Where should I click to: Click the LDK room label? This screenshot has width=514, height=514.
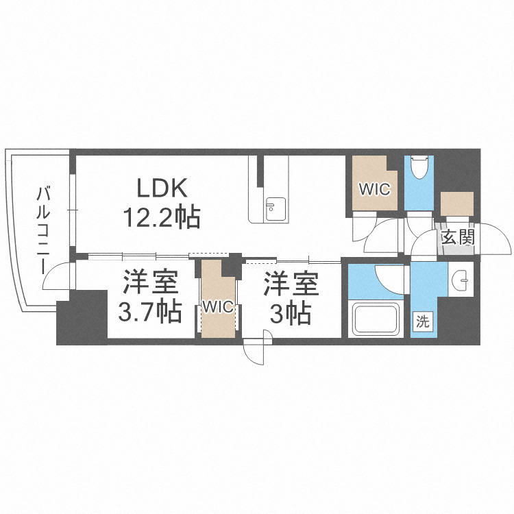[x=162, y=187]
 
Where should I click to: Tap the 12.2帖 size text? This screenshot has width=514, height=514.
[x=162, y=218]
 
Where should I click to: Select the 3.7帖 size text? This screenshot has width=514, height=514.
[x=150, y=312]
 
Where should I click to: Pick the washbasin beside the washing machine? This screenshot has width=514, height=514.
[x=462, y=279]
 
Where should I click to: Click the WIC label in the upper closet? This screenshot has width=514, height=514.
[x=374, y=188]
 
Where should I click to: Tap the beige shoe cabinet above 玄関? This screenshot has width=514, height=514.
[x=457, y=204]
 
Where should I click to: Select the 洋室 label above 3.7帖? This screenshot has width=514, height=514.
[x=150, y=282]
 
